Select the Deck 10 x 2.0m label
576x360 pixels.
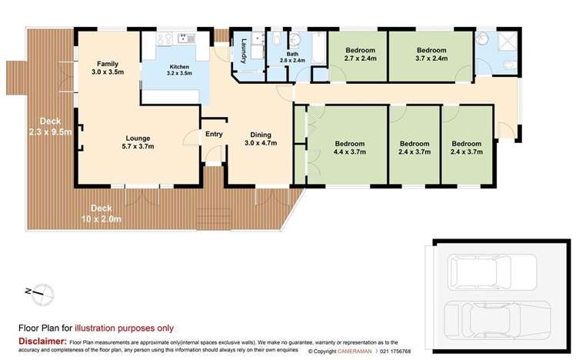(105, 213)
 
